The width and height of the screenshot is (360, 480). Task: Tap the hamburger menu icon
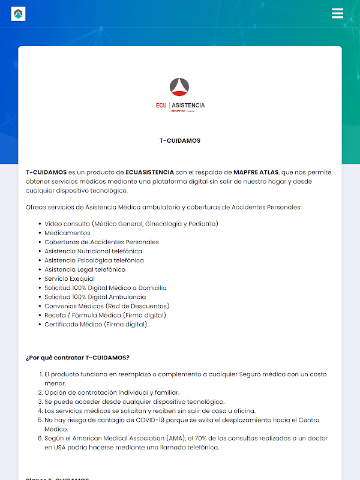tap(337, 13)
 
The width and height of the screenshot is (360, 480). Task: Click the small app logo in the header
tap(18, 13)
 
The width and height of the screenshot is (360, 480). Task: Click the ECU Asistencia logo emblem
tap(180, 87)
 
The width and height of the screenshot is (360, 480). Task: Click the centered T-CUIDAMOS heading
tap(180, 141)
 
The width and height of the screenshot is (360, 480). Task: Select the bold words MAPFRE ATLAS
tap(256, 172)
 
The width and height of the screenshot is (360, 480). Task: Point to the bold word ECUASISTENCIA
tap(150, 172)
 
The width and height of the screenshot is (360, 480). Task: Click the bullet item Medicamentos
tap(67, 233)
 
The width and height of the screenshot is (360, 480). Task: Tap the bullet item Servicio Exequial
tap(70, 278)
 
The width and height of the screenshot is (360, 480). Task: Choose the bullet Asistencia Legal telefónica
tap(85, 269)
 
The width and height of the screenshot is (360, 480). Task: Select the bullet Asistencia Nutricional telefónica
tap(93, 251)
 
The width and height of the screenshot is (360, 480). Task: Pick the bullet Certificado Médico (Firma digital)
tap(95, 325)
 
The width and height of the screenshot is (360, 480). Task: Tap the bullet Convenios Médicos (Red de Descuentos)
tap(107, 306)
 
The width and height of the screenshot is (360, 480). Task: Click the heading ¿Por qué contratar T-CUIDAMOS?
tap(78, 358)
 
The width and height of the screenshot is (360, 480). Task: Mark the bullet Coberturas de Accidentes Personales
tap(101, 242)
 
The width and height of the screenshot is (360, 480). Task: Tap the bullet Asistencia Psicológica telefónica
tap(94, 260)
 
